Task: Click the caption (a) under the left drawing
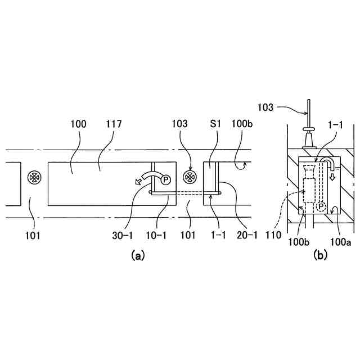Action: click(x=137, y=255)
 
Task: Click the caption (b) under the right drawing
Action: click(x=321, y=255)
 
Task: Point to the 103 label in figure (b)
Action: click(x=268, y=106)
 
